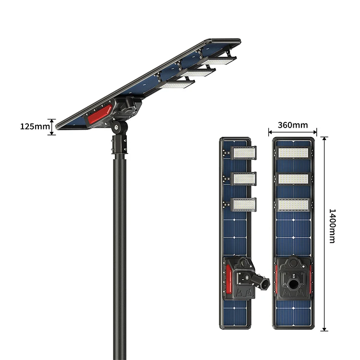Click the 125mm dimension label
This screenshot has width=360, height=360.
click(35, 127)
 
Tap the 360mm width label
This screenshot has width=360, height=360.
click(293, 125)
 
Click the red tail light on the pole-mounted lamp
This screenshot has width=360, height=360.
click(99, 114)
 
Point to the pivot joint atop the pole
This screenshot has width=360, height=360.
click(118, 127)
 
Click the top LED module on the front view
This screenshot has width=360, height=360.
click(293, 153)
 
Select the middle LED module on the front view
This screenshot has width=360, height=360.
click(293, 179)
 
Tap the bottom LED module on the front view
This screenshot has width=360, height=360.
click(293, 205)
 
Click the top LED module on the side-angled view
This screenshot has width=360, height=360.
click(244, 153)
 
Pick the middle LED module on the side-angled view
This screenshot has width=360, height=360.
click(244, 179)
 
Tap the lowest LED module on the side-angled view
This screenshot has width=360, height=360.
click(244, 205)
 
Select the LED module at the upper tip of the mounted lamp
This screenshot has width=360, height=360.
click(219, 61)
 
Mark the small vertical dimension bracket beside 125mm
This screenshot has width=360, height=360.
click(52, 127)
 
